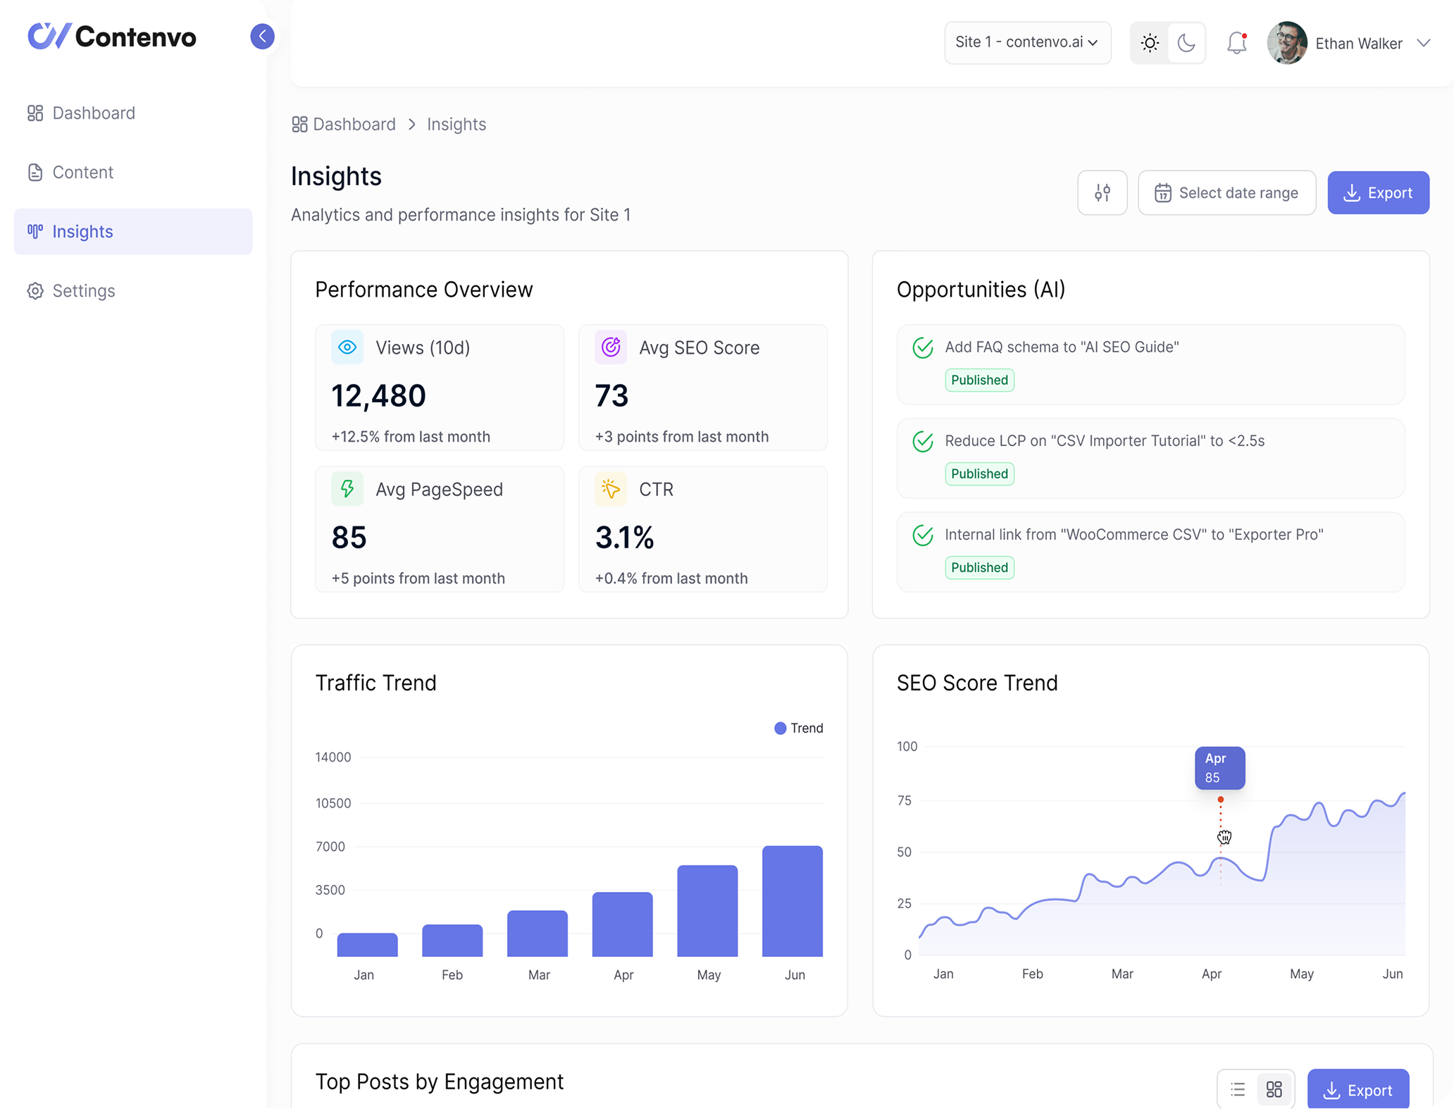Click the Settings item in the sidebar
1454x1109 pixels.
point(83,291)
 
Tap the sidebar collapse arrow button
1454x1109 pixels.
point(262,36)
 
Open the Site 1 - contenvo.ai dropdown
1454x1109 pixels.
point(1026,42)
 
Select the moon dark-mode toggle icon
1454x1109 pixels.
point(1186,43)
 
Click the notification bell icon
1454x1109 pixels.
point(1236,43)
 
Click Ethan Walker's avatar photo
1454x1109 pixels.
point(1286,43)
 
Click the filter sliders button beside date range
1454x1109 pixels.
point(1102,192)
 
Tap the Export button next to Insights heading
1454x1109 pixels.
point(1378,192)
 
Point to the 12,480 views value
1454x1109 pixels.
point(378,396)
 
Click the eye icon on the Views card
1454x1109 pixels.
point(347,347)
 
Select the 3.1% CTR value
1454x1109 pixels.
point(624,538)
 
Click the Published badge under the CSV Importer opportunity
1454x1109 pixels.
point(979,473)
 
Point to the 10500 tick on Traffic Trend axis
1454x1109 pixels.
point(333,803)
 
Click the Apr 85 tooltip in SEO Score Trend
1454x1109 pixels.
point(1219,768)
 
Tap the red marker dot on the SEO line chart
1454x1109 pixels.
point(1220,800)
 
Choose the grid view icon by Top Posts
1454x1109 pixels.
point(1274,1090)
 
